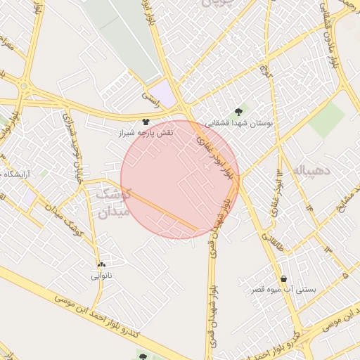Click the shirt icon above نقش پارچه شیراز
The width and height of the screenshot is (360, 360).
tap(146, 122)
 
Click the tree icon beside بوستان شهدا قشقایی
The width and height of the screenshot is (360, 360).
tap(238, 111)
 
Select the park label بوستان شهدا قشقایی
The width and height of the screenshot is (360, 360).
tap(238, 122)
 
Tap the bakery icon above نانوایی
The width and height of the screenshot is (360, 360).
tap(103, 265)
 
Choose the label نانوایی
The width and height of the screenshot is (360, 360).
tap(101, 276)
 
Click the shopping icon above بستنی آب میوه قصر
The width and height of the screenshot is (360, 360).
tap(283, 279)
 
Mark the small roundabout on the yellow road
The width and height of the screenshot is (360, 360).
tap(25, 88)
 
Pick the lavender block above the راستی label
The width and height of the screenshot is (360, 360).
tap(163, 93)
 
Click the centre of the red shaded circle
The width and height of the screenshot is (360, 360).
tap(180, 180)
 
